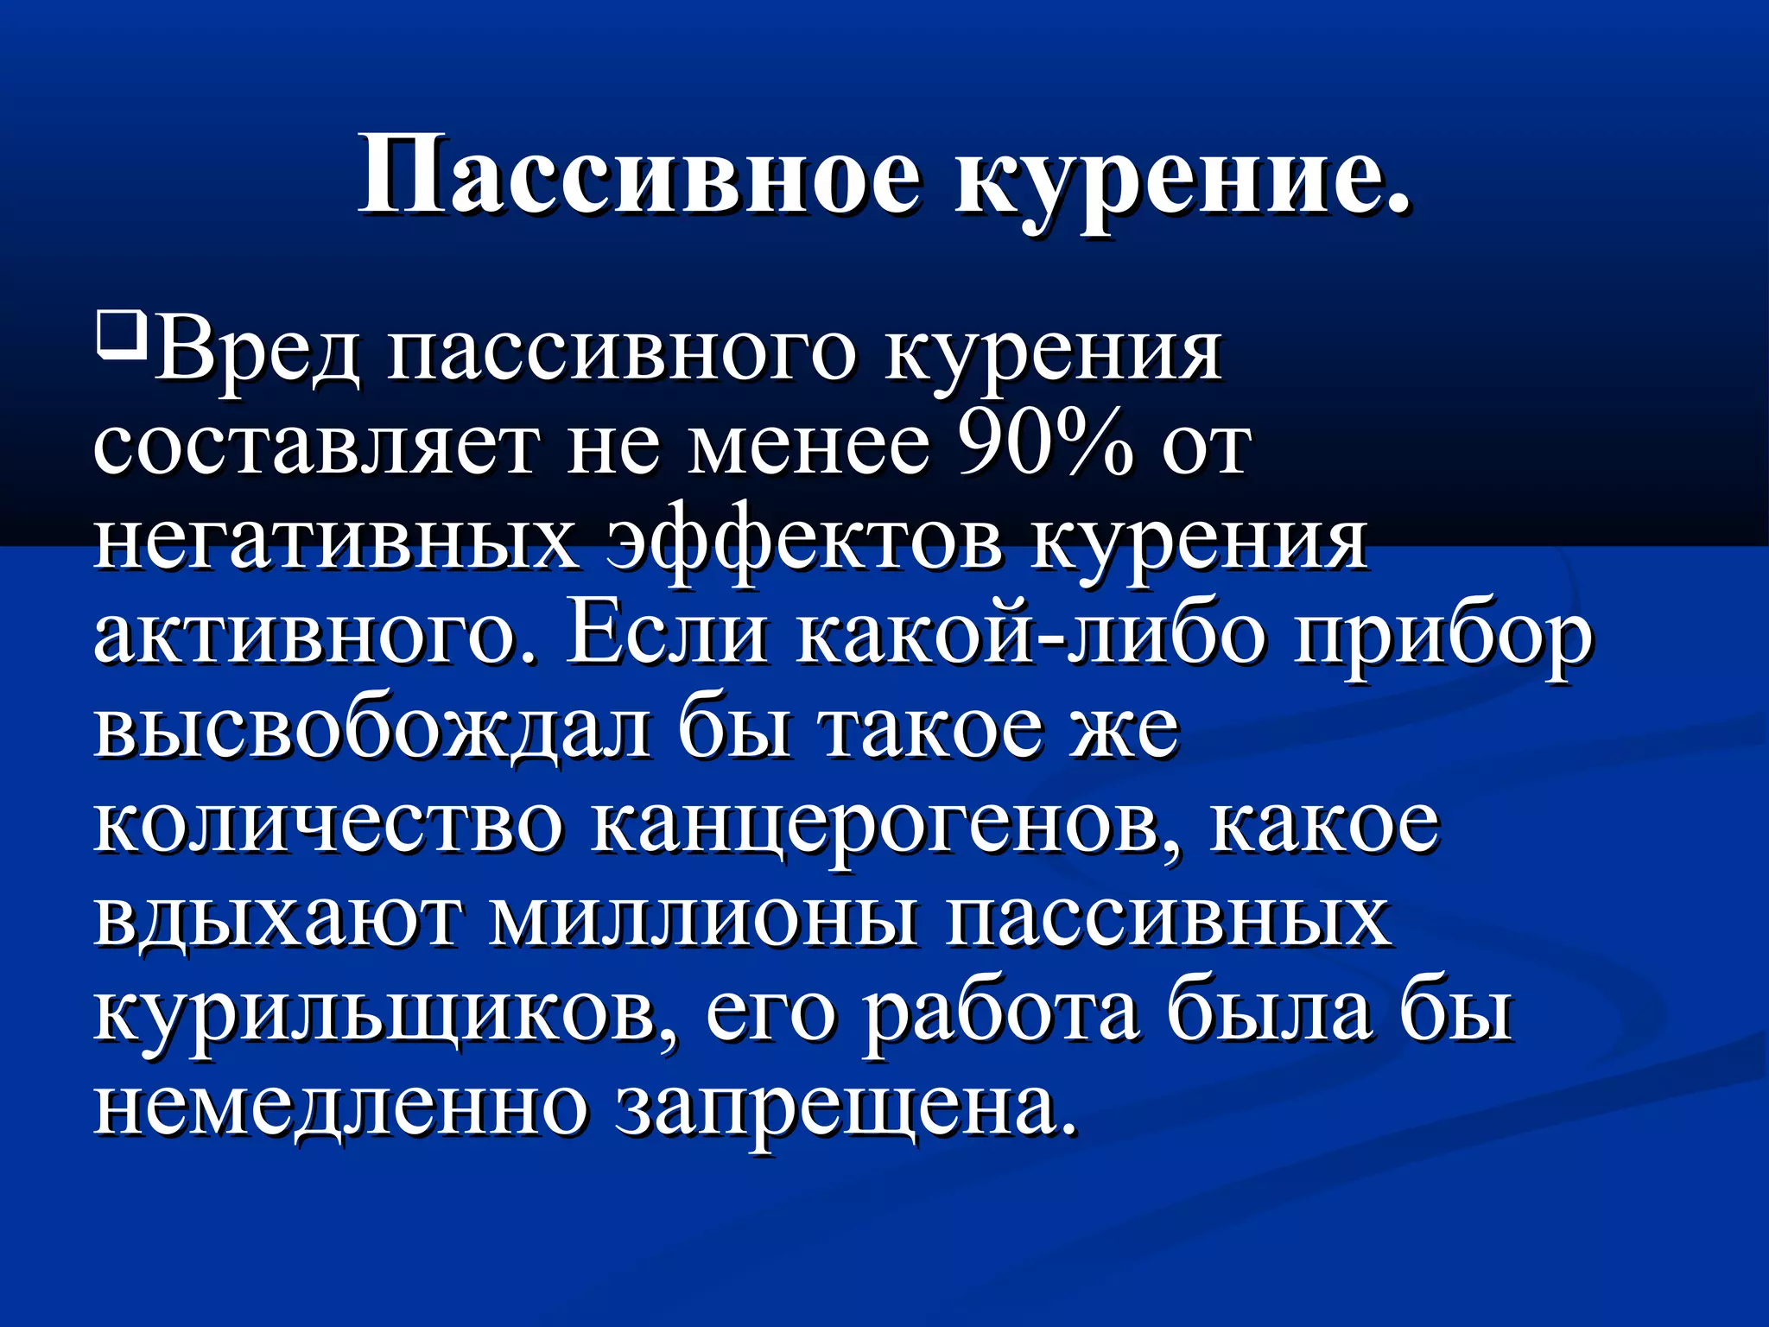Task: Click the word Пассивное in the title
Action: [x=639, y=177]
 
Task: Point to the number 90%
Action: [x=1045, y=446]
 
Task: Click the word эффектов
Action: [x=803, y=544]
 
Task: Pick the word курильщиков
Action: [x=384, y=1015]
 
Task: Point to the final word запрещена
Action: [x=846, y=1109]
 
